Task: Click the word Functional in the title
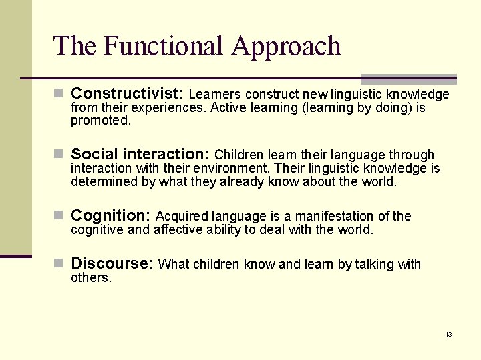(x=164, y=46)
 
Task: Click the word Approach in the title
(x=287, y=47)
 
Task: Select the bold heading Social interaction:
(x=140, y=155)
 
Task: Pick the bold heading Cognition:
(x=111, y=215)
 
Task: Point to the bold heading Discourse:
(x=112, y=263)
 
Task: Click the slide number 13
(x=448, y=334)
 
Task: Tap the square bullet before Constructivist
(x=59, y=93)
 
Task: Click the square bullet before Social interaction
(x=59, y=155)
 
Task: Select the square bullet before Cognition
(x=59, y=215)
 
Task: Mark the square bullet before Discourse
(x=59, y=263)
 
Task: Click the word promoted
(x=101, y=121)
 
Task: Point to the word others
(x=91, y=277)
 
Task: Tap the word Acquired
(x=182, y=216)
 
